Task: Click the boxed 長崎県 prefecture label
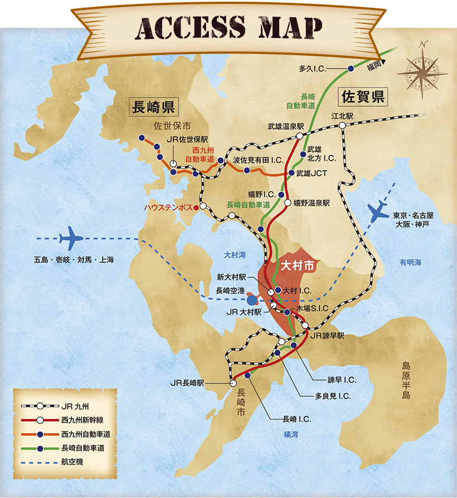(153, 106)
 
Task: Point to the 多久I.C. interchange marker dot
(351, 69)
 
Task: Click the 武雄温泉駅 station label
(285, 126)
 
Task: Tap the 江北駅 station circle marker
(342, 126)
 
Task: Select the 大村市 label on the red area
(296, 266)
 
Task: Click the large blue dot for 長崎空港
(252, 300)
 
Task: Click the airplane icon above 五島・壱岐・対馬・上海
(71, 238)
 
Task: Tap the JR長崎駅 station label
(188, 383)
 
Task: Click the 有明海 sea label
(410, 262)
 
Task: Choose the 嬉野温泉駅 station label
(312, 203)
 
